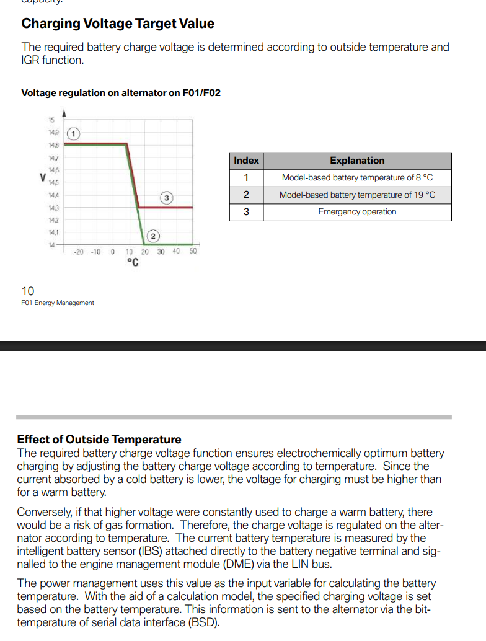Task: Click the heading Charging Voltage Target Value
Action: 118,24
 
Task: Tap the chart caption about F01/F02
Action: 121,93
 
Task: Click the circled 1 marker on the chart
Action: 73,133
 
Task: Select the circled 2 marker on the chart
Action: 154,235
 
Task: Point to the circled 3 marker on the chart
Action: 167,198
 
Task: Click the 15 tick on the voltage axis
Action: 51,120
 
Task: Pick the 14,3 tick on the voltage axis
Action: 53,208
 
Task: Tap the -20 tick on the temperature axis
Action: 79,252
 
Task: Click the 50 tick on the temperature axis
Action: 193,251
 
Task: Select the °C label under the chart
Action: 132,262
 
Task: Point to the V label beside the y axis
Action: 42,177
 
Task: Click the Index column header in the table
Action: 246,161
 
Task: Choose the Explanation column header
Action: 357,161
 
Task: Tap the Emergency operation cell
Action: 357,212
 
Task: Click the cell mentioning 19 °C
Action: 357,195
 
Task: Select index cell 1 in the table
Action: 246,178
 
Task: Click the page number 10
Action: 28,291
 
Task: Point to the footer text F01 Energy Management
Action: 58,303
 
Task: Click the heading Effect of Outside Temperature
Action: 99,440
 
